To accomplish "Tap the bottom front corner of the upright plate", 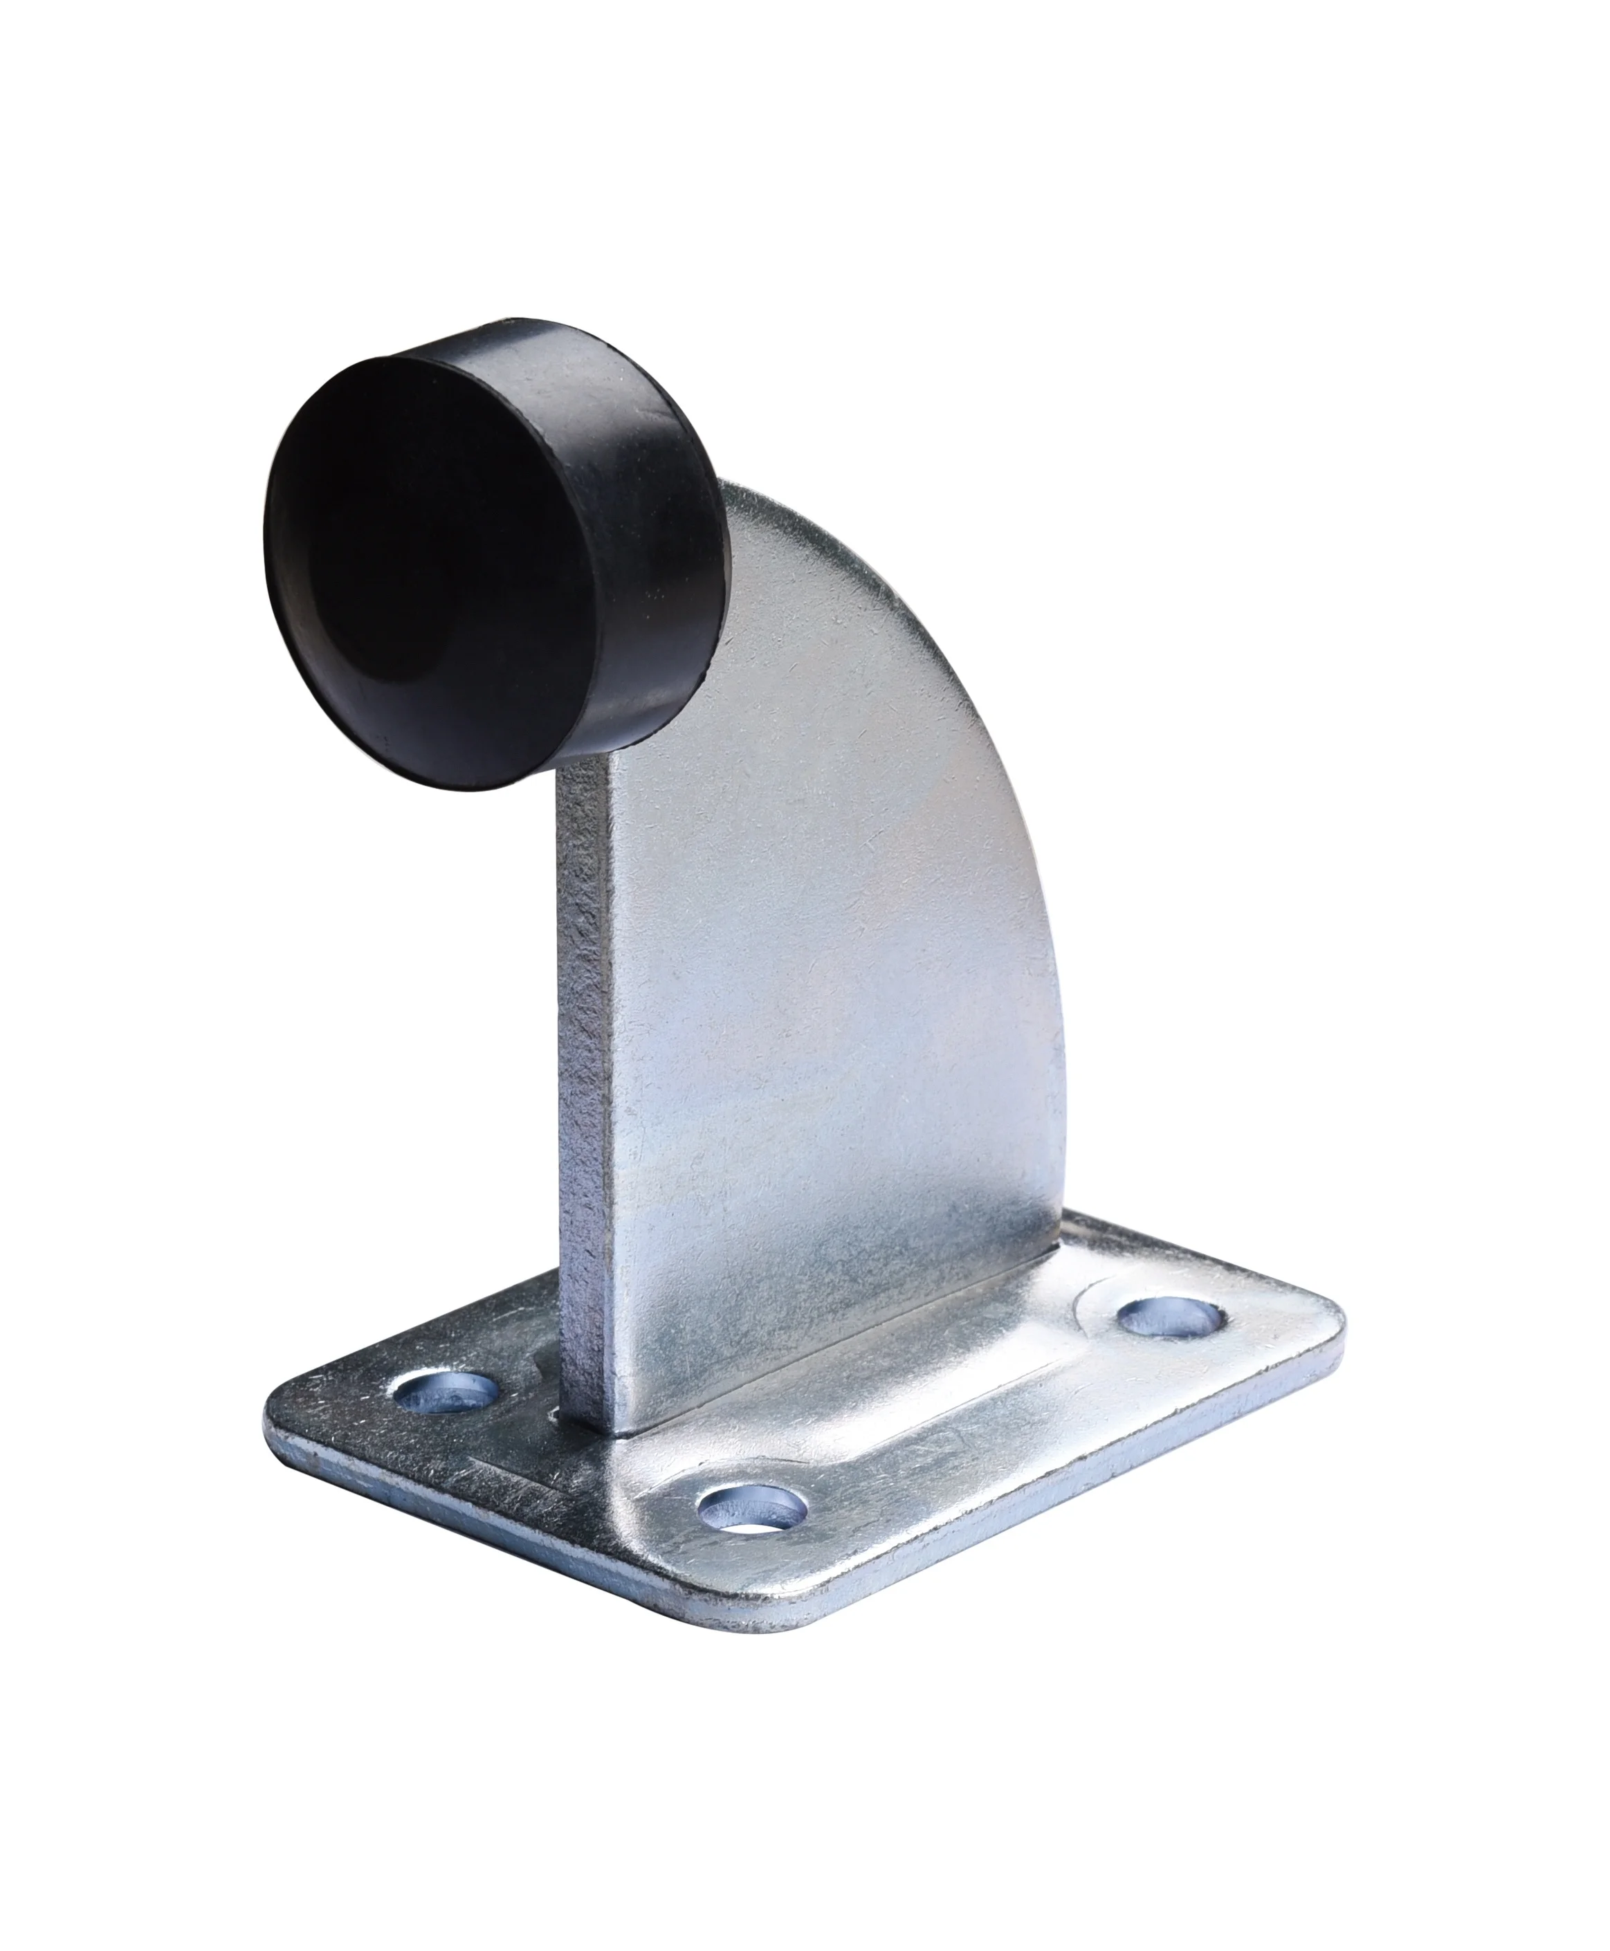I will click(612, 1460).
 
